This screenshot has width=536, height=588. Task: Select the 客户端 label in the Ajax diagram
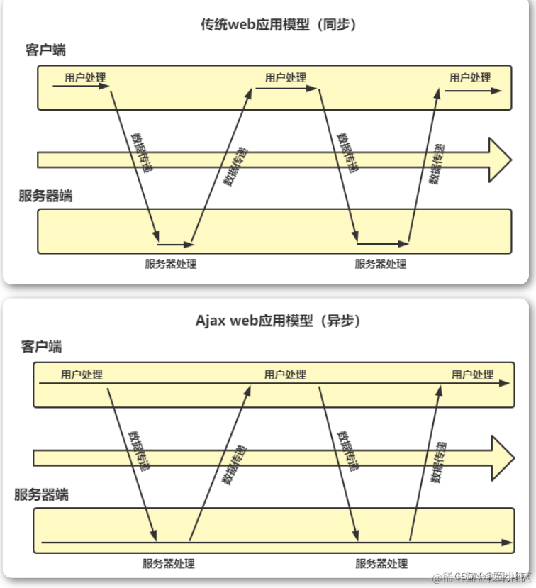(41, 346)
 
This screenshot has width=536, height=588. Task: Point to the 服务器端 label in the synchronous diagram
(46, 196)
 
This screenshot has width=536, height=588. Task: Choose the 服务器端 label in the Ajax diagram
(42, 494)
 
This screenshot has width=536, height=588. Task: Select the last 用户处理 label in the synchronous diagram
(470, 77)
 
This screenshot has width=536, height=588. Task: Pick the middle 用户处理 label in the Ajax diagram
(285, 374)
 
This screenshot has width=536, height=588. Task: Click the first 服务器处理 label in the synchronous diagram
(171, 264)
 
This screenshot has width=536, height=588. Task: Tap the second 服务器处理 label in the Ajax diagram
(381, 563)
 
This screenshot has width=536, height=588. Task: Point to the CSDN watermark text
(469, 577)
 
